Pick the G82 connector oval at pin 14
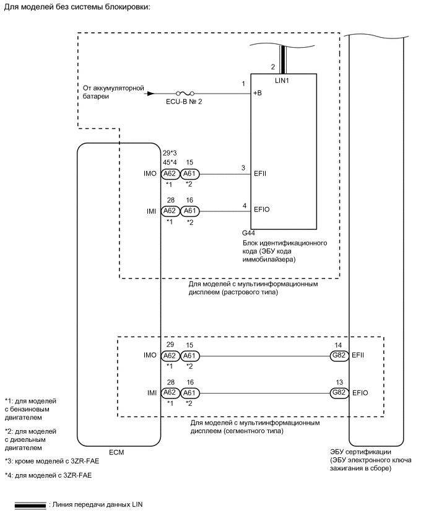pos(339,356)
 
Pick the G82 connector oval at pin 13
pos(339,393)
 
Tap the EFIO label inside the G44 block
pos(262,209)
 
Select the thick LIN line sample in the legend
pos(30,504)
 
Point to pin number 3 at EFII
pos(244,167)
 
